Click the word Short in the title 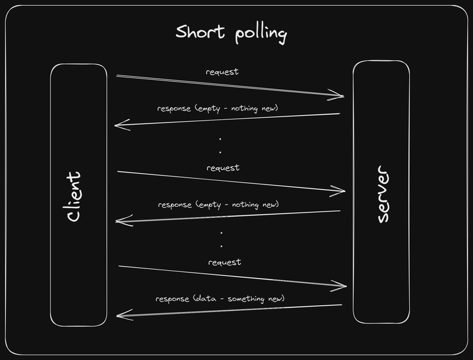pyautogui.click(x=200, y=31)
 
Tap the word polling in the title pyautogui.click(x=261, y=34)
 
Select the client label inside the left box pyautogui.click(x=73, y=197)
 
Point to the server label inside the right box pyautogui.click(x=383, y=194)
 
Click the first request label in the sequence pyautogui.click(x=222, y=72)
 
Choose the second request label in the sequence pyautogui.click(x=223, y=168)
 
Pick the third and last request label pyautogui.click(x=225, y=262)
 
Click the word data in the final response pyautogui.click(x=205, y=299)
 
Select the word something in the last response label pyautogui.click(x=246, y=299)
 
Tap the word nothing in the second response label pyautogui.click(x=245, y=205)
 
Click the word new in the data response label pyautogui.click(x=276, y=299)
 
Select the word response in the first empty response pyautogui.click(x=174, y=109)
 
